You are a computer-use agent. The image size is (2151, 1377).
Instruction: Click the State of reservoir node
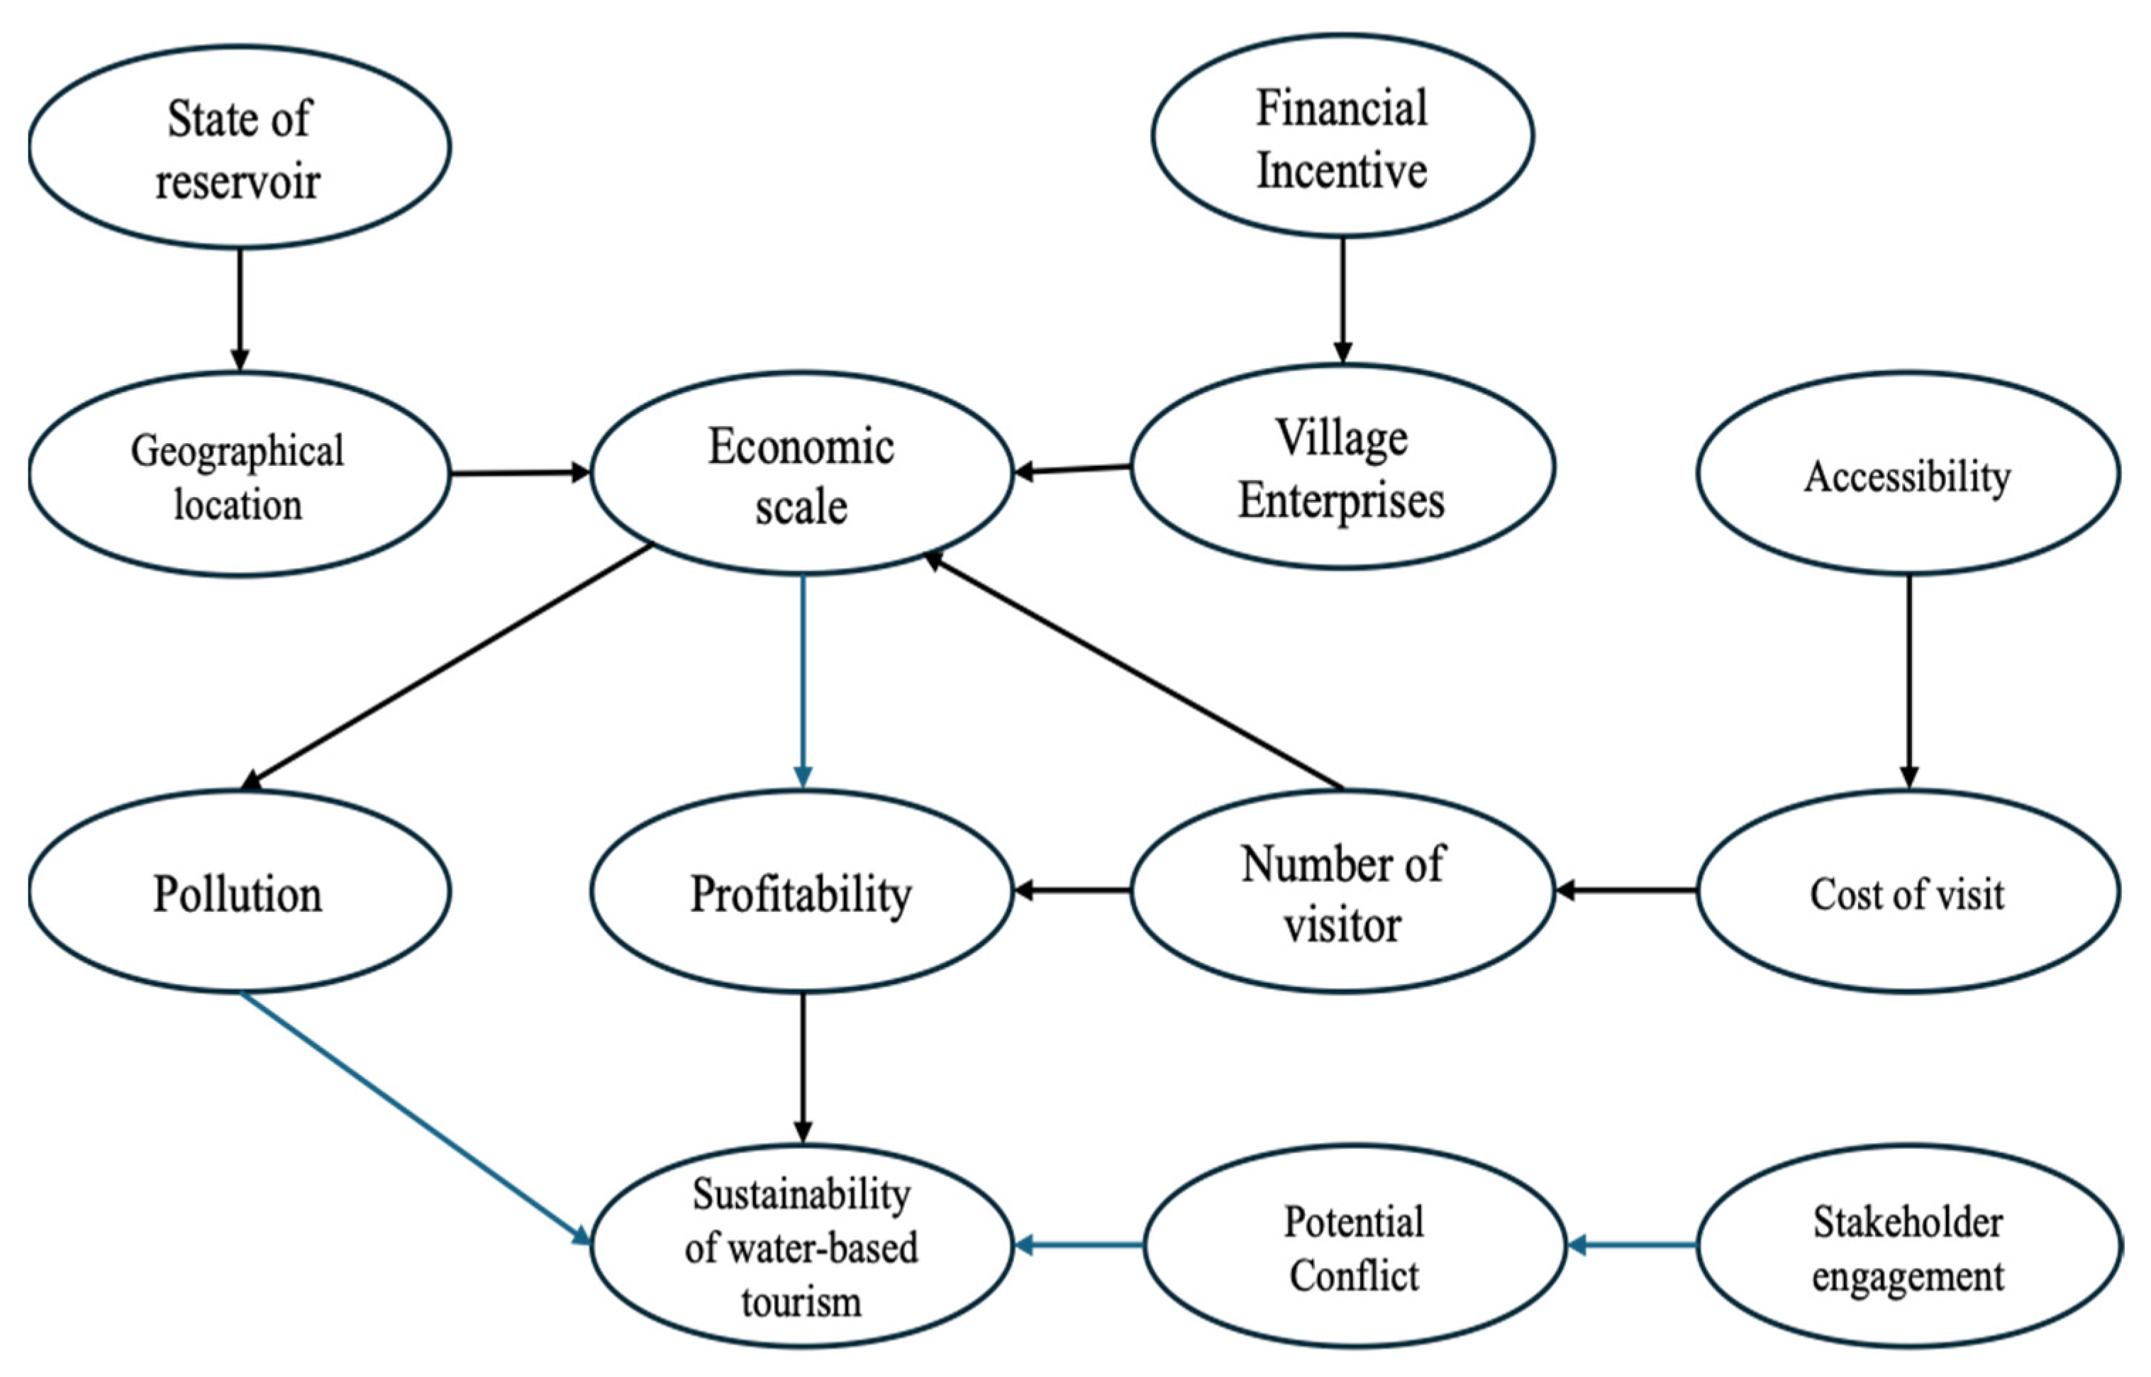[x=239, y=147]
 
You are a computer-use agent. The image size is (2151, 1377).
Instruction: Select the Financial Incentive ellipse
[x=1342, y=137]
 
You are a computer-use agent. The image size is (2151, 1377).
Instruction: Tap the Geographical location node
[x=239, y=474]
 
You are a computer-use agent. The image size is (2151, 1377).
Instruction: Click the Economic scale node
[x=801, y=474]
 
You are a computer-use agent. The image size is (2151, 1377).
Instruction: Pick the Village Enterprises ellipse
[x=1342, y=467]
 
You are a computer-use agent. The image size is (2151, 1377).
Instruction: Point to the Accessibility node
[x=1908, y=474]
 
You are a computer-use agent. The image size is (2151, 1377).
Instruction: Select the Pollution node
[x=239, y=891]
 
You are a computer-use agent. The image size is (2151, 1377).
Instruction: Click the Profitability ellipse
[x=801, y=891]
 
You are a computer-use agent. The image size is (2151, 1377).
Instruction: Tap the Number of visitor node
[x=1342, y=891]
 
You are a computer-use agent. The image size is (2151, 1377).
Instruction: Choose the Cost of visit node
[x=1908, y=891]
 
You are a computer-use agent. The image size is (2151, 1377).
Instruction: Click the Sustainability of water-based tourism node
[x=801, y=1246]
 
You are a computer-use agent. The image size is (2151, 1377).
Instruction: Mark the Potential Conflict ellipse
[x=1354, y=1246]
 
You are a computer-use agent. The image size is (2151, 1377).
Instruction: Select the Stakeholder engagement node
[x=1908, y=1246]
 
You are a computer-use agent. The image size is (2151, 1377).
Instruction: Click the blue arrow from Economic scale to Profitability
[x=802, y=679]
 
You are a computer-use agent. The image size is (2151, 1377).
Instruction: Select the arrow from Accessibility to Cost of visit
[x=1908, y=679]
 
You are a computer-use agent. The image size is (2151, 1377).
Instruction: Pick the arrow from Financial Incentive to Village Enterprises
[x=1342, y=299]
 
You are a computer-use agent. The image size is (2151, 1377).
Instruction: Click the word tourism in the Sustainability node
[x=801, y=1301]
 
